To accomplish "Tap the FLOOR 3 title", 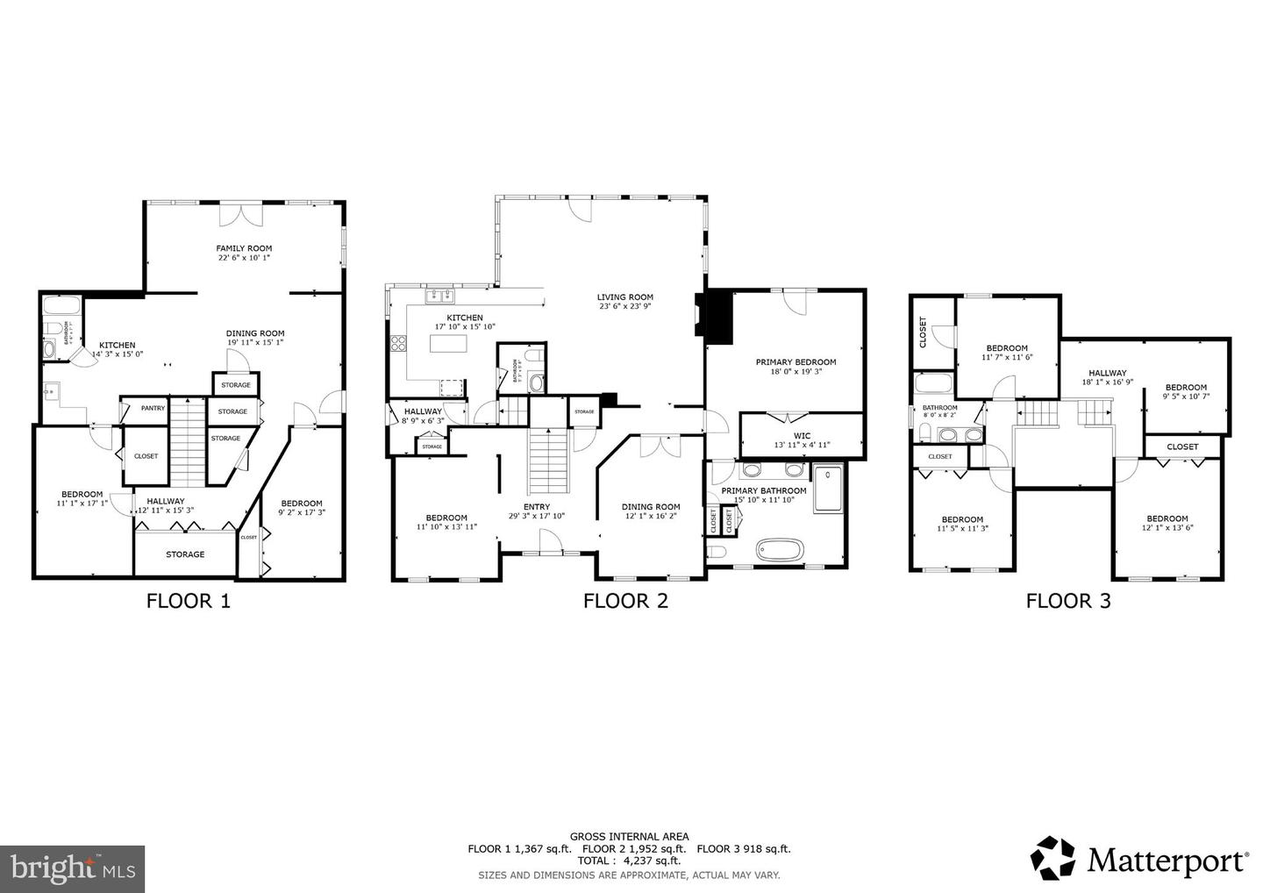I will tap(1068, 601).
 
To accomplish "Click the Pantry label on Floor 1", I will tap(153, 408).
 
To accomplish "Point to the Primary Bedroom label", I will tap(796, 361).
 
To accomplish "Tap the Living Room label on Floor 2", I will tap(625, 297).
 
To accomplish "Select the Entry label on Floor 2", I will tap(536, 507).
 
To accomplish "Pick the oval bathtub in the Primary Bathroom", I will tap(780, 551).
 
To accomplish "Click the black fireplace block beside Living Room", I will tap(718, 318).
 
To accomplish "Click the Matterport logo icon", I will tap(1052, 857).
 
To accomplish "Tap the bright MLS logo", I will tap(73, 869).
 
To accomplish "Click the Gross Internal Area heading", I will tap(629, 837).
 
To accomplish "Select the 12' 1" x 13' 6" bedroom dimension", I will tap(1167, 528).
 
